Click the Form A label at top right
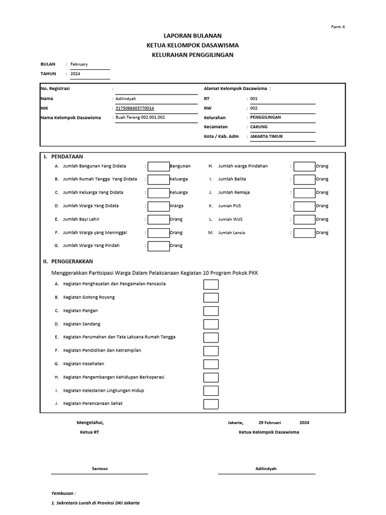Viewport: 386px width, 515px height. [x=338, y=27]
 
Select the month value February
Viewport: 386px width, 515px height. [x=79, y=64]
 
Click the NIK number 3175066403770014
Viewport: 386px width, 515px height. [x=135, y=108]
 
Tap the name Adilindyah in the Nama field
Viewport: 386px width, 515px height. [x=126, y=99]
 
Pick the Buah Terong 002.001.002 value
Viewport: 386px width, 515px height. [x=140, y=117]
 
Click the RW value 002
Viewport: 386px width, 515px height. [x=254, y=108]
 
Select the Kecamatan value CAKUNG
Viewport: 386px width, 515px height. [x=259, y=127]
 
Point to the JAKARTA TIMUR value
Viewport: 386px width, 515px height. [x=266, y=136]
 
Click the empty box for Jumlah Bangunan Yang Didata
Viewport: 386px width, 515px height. [x=159, y=166]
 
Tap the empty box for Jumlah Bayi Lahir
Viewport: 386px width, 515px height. [x=159, y=219]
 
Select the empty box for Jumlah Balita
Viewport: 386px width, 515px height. [x=305, y=180]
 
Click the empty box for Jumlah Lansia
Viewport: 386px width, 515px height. [x=305, y=233]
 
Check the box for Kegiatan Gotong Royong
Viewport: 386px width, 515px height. [x=211, y=298]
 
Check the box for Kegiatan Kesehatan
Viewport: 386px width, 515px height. [x=211, y=364]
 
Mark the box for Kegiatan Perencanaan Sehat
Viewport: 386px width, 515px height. [x=211, y=404]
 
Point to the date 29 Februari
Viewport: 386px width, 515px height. [x=270, y=422]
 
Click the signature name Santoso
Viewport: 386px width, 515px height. [x=100, y=469]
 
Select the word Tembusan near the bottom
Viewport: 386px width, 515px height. [x=63, y=493]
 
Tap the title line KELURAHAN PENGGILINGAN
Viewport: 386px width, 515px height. [x=192, y=55]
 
